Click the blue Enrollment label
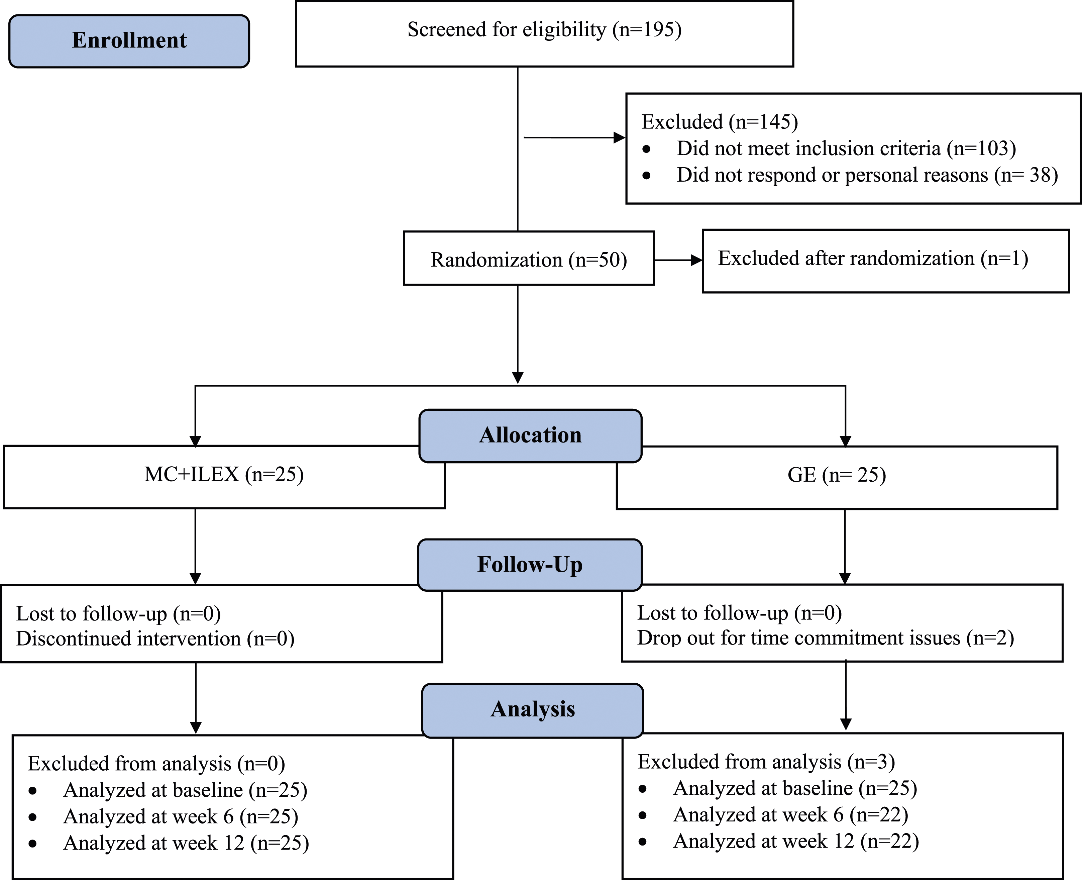[x=129, y=41]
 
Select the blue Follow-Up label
[x=530, y=565]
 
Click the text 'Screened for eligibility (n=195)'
[x=544, y=29]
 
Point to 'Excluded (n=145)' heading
[x=720, y=122]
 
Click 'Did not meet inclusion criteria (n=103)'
[x=846, y=148]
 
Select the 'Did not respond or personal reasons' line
[x=867, y=175]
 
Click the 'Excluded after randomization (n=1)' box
[x=886, y=261]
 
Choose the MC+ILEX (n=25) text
[x=224, y=475]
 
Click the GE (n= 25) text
[x=837, y=475]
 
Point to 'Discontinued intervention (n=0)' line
[x=155, y=639]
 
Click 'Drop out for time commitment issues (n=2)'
[x=826, y=638]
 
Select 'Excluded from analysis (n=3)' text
[x=766, y=762]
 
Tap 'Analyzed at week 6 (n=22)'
[x=790, y=814]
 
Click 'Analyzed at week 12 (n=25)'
[x=186, y=843]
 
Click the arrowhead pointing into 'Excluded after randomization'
[x=696, y=260]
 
